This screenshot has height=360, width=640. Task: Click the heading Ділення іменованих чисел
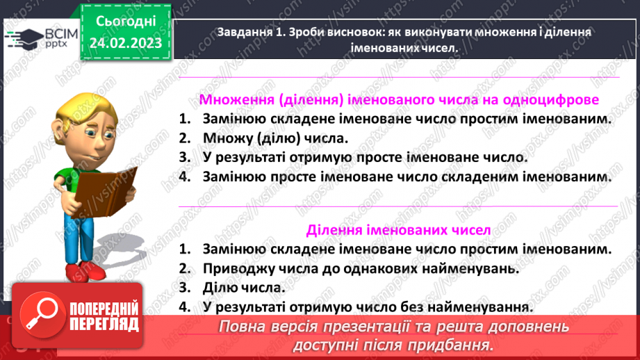(x=398, y=229)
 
